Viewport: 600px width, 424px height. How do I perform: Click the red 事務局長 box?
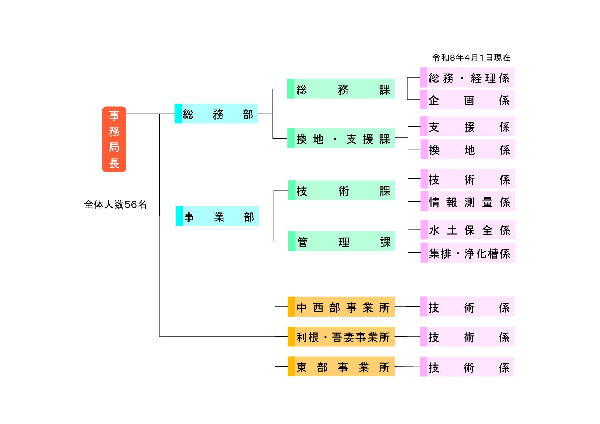point(114,139)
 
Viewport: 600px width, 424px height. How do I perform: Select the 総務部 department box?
point(216,114)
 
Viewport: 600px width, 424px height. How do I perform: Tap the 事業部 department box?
point(217,216)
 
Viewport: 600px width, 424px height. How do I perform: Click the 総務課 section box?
point(341,89)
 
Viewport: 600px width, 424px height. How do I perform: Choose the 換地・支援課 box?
point(341,138)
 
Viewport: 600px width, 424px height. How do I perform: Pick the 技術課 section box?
point(342,190)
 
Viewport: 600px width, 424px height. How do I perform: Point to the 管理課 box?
point(342,241)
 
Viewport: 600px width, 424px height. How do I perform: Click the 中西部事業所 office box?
point(341,307)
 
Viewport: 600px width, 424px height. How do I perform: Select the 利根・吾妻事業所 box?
point(341,337)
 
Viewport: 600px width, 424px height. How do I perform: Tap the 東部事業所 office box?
point(341,367)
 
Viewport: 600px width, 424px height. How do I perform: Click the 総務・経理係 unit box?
point(467,78)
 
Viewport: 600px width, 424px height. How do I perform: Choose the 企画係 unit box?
point(467,100)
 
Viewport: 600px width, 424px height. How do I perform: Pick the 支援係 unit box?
point(468,127)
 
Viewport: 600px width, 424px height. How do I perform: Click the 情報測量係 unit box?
point(468,202)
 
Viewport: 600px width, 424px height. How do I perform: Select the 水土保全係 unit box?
point(468,230)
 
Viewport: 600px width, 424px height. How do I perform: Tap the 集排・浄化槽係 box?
point(468,253)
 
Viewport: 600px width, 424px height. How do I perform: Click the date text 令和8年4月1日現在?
point(471,58)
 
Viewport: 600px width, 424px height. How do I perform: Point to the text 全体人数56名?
point(115,204)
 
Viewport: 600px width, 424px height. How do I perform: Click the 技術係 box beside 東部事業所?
point(467,367)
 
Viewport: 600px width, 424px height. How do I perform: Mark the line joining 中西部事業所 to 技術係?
point(407,307)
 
